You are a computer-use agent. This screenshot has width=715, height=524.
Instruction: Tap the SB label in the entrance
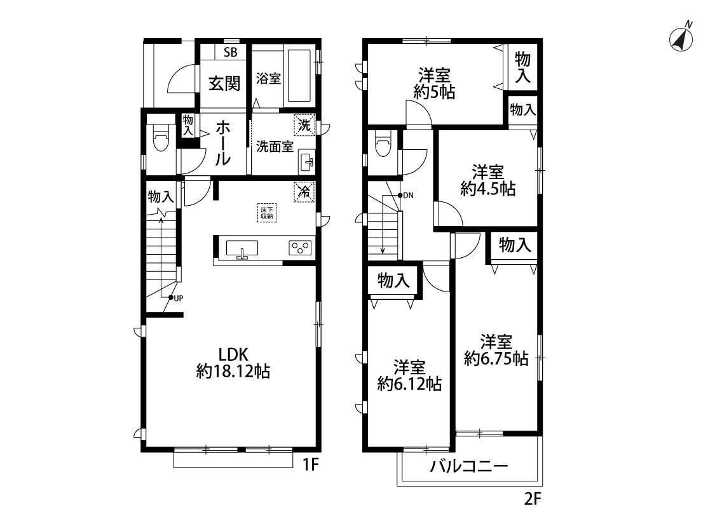230,52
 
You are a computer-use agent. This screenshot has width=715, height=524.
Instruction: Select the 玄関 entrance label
224,84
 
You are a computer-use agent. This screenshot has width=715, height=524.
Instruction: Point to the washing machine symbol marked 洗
304,124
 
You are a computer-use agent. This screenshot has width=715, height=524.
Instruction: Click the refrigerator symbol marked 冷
304,192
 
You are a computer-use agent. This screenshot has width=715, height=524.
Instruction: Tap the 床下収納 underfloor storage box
267,212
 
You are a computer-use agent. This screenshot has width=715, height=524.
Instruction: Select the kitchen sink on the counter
242,248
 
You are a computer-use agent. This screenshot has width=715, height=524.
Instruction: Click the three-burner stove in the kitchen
300,248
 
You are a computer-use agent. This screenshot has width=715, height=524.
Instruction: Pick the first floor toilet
161,141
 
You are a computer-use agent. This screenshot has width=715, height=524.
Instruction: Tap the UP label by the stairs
178,299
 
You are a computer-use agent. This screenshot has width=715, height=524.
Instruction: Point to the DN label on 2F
408,196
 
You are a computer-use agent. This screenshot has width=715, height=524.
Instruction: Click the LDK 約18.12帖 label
233,363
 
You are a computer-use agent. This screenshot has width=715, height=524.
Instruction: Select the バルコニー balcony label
469,466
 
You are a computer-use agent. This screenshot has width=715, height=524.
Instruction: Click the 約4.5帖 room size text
488,189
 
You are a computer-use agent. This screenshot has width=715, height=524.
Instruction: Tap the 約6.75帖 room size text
496,359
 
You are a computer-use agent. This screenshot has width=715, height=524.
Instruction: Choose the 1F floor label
311,465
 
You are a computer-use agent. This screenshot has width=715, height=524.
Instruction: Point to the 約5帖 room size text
434,93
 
